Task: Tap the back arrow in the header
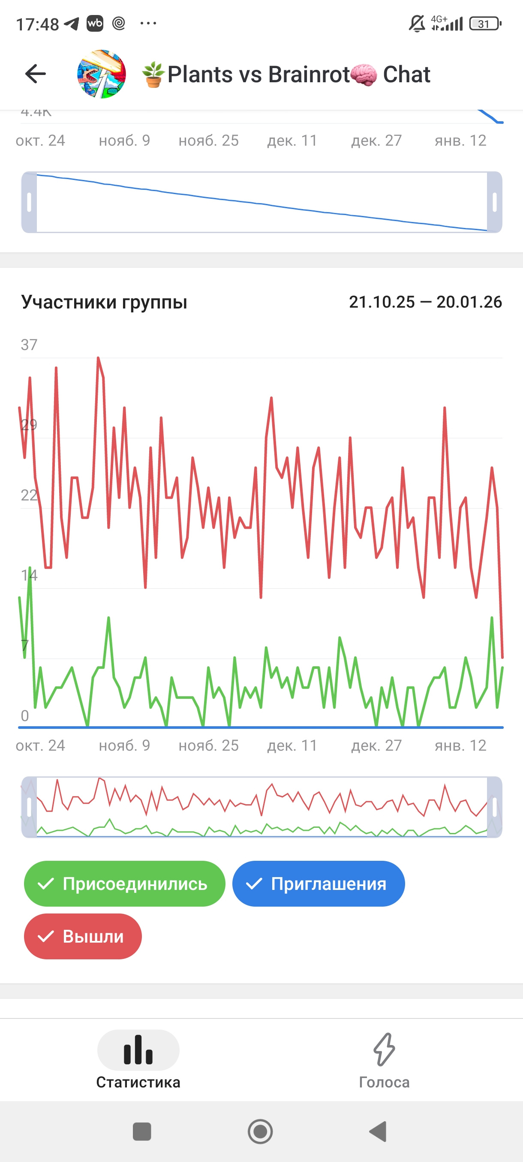pyautogui.click(x=36, y=74)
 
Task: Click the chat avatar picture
pyautogui.click(x=102, y=74)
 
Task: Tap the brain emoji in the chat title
pyautogui.click(x=364, y=75)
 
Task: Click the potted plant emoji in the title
pyautogui.click(x=153, y=75)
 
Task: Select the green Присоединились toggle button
pyautogui.click(x=125, y=883)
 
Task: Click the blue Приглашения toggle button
pyautogui.click(x=319, y=883)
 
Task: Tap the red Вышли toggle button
pyautogui.click(x=83, y=937)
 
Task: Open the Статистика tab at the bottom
pyautogui.click(x=138, y=1058)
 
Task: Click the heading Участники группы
pyautogui.click(x=104, y=302)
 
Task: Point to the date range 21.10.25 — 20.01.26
pyautogui.click(x=425, y=302)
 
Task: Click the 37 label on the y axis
pyautogui.click(x=29, y=345)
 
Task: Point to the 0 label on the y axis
pyautogui.click(x=25, y=716)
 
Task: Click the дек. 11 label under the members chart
pyautogui.click(x=292, y=746)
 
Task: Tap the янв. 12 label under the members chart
pyautogui.click(x=460, y=746)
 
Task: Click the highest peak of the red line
pyautogui.click(x=98, y=358)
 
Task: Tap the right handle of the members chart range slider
pyautogui.click(x=495, y=807)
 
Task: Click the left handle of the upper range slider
pyautogui.click(x=29, y=202)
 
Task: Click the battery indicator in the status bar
pyautogui.click(x=485, y=24)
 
